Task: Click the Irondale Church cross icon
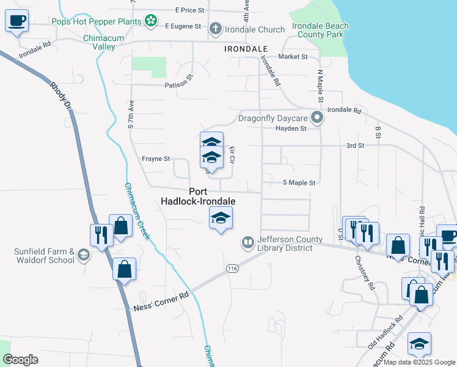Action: (215, 29)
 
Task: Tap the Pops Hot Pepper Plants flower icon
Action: (151, 21)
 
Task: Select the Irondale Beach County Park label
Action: (320, 30)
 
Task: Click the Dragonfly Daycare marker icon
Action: (316, 117)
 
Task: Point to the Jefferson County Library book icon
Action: (248, 243)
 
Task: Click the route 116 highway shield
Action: (232, 269)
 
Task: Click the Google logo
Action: (20, 359)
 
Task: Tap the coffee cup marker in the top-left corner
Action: (17, 21)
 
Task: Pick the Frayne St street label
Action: (156, 159)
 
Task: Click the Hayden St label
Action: (291, 128)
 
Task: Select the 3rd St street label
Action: (355, 146)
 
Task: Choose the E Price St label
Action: (189, 10)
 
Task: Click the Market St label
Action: (293, 56)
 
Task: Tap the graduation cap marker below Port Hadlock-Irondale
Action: (221, 218)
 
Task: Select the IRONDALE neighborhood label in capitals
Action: (246, 48)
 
